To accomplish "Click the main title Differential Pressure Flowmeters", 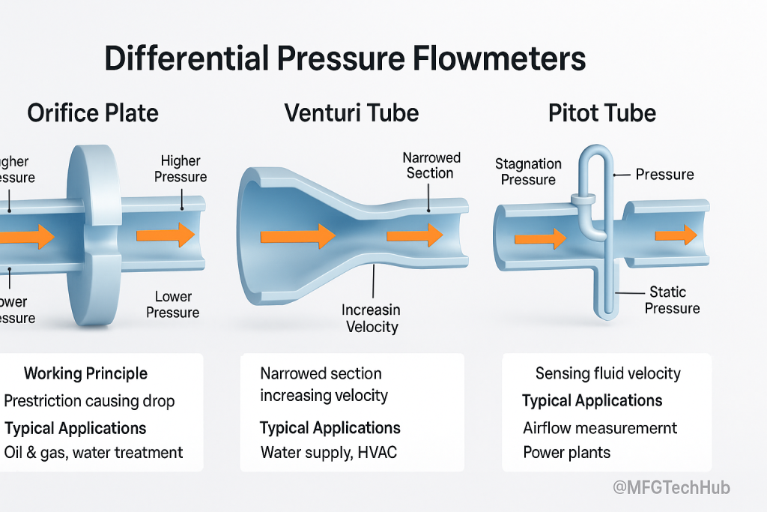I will pos(345,58).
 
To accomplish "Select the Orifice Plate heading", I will pos(93,113).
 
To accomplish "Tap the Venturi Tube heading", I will pos(351,113).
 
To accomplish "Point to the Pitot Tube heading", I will pos(602,113).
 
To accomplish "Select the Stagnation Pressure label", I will pos(528,172).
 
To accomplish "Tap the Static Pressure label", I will pos(672,300).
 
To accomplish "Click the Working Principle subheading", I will pos(85,373).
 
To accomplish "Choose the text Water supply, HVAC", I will pos(330,453).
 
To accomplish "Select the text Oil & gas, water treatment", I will pos(94,453).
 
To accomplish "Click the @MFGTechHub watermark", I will pos(671,488).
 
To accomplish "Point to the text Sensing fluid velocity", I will pos(607,373).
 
